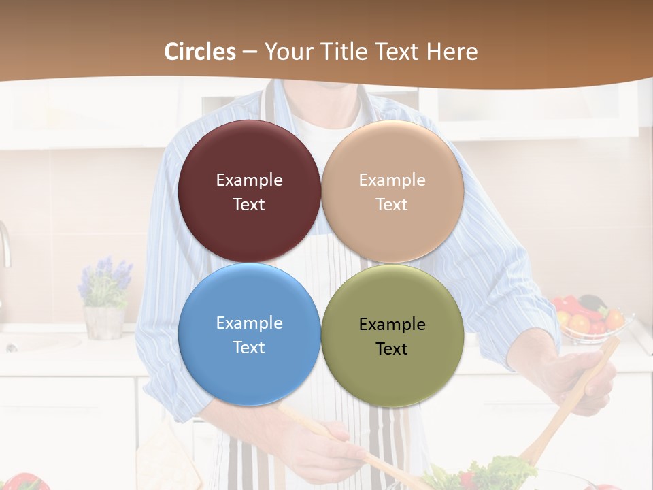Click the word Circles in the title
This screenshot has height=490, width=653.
(200, 52)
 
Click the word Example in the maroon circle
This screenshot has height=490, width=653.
(249, 180)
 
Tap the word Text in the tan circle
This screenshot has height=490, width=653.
(392, 205)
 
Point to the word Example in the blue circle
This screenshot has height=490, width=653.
(249, 323)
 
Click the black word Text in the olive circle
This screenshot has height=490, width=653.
(392, 349)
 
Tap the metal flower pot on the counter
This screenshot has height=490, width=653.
(103, 323)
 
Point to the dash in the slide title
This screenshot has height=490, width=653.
(250, 52)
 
